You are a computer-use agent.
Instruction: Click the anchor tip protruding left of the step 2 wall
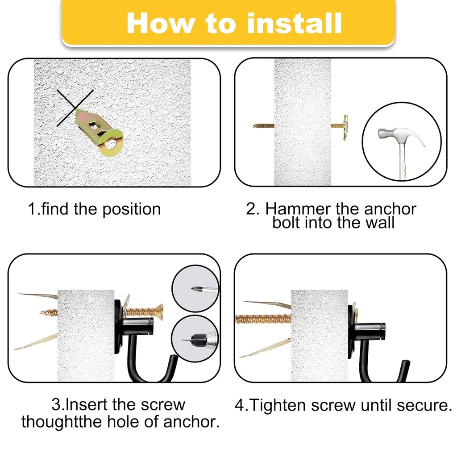(263, 126)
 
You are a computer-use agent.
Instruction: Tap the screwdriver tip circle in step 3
(195, 288)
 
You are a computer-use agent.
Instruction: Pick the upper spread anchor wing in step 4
(268, 305)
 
